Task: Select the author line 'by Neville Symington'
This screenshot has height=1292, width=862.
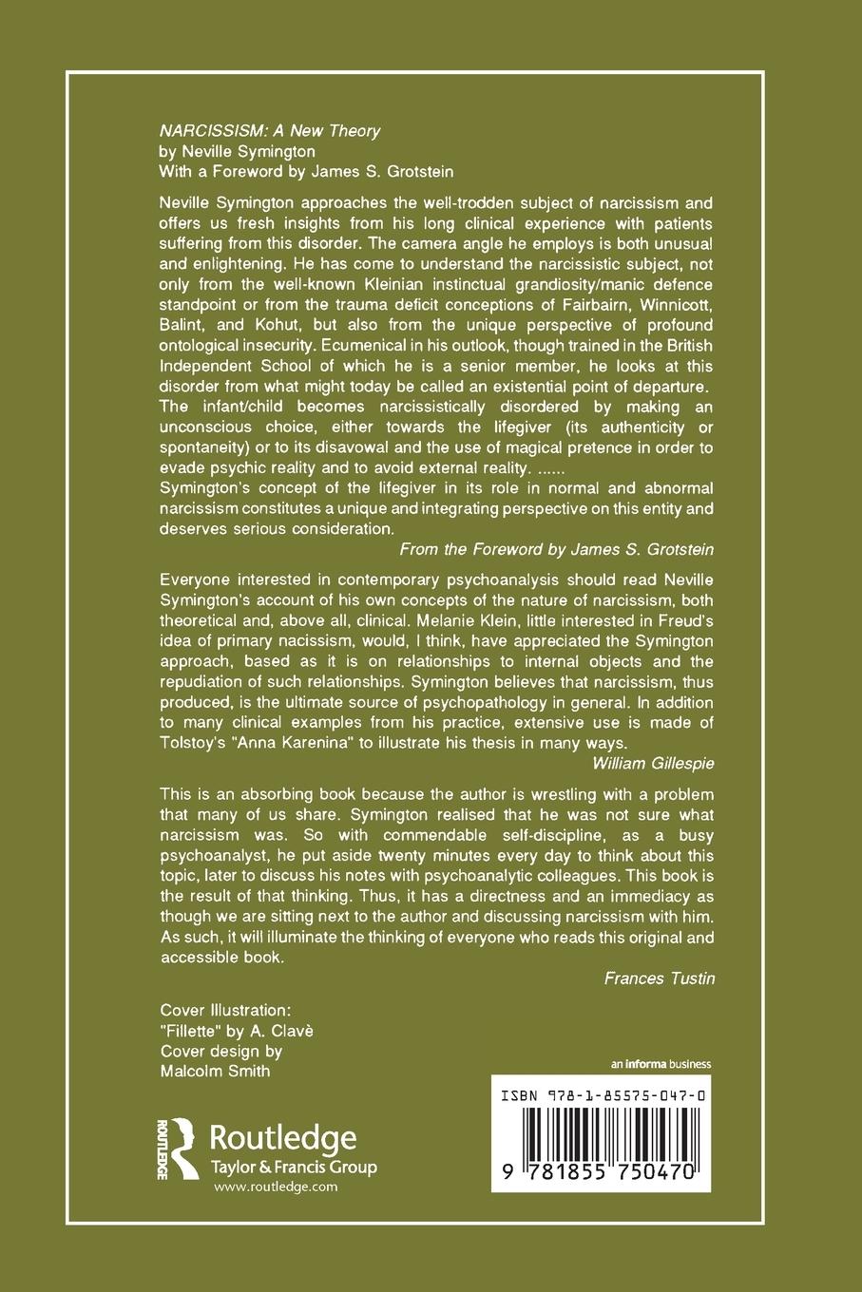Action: (237, 151)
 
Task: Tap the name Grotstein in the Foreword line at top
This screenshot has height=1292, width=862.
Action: (401, 171)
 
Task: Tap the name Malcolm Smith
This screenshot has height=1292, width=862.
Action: (215, 1071)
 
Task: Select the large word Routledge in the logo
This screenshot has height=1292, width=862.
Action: (282, 1138)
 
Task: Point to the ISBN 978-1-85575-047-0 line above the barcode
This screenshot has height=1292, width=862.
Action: (601, 1095)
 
